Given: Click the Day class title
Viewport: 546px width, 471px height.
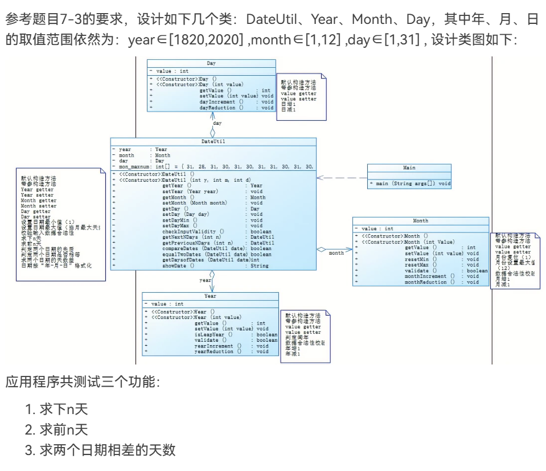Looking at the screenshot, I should (x=211, y=63).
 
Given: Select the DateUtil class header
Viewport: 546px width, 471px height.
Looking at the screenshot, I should (x=212, y=141).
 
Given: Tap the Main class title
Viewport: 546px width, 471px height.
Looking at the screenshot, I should (x=409, y=168).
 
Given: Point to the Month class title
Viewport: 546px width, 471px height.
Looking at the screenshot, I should (x=420, y=220).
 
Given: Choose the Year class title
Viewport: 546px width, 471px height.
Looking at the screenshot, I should (x=210, y=296).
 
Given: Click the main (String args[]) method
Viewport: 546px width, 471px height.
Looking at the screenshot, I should (x=412, y=183).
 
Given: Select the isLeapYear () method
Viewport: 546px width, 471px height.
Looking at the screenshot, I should (x=214, y=334).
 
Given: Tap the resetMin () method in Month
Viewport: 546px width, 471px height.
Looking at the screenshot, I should (x=421, y=259).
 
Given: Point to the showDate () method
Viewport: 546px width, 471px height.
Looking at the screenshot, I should (x=178, y=266).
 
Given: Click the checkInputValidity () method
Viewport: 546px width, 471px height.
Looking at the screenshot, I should (x=193, y=231).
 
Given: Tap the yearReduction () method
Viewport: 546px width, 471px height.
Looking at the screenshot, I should (x=217, y=351).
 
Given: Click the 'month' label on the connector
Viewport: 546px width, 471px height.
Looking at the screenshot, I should (x=336, y=253).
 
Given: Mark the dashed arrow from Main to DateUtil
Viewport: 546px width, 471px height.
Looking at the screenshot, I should (x=342, y=178).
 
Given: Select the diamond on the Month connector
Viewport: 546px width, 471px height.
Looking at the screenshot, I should (x=322, y=249).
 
